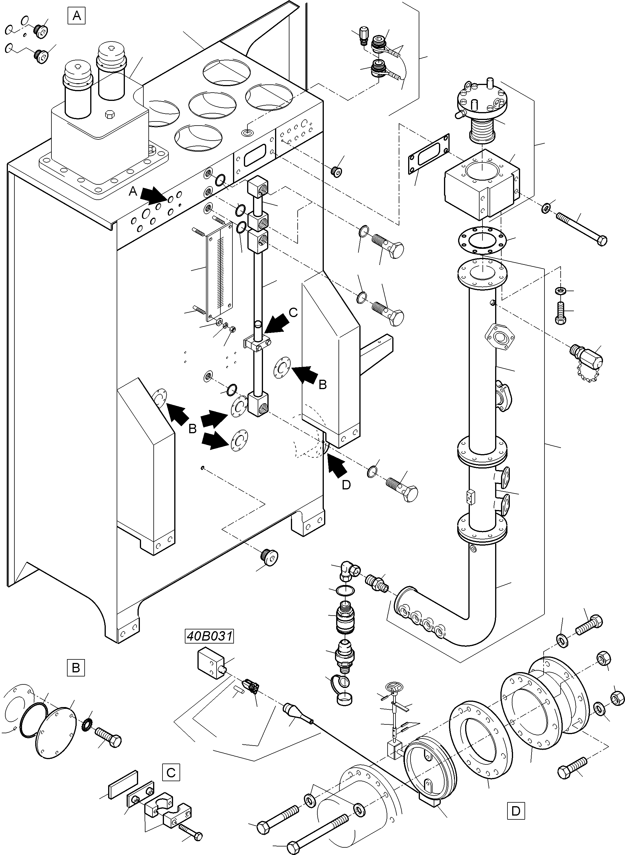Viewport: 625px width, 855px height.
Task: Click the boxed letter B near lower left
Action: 76,668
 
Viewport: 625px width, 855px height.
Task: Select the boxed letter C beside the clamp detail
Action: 171,772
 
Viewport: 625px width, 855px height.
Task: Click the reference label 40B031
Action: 209,636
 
